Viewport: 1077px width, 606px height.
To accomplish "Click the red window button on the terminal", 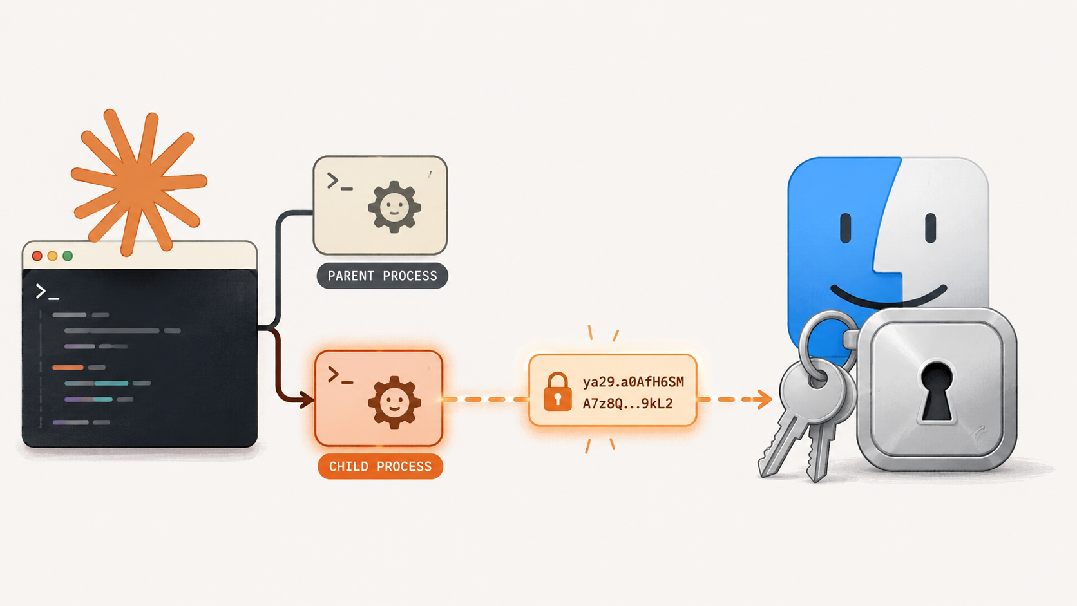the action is pos(37,256).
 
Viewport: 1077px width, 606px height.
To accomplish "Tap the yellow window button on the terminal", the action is pos(52,256).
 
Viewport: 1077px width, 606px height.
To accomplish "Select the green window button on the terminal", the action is pos(68,256).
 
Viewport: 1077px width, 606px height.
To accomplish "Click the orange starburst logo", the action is pos(139,182).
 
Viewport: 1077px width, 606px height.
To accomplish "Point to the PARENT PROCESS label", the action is pos(382,276).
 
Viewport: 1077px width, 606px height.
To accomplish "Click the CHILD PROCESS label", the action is pos(380,466).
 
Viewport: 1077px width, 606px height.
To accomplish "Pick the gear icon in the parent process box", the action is pos(394,207).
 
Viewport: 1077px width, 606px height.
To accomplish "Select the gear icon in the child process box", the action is pos(394,402).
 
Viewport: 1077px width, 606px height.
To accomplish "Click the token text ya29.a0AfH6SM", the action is pos(633,382).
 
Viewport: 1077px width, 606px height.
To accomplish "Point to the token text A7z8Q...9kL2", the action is pos(627,404).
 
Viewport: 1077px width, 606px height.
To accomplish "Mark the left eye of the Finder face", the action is pos(845,228).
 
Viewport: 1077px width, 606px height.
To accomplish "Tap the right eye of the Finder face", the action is pos(930,228).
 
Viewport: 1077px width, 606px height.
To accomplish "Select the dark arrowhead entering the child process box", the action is pos(307,399).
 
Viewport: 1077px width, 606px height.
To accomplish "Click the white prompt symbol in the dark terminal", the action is pos(47,292).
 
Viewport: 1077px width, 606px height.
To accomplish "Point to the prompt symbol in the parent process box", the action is pos(339,181).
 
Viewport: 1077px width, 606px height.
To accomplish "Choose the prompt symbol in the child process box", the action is pos(340,375).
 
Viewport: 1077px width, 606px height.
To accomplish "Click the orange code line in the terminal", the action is pos(68,367).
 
